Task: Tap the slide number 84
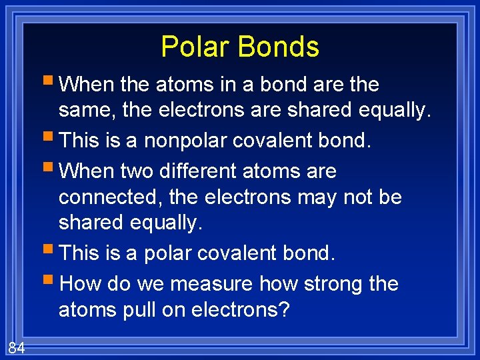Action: point(16,347)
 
